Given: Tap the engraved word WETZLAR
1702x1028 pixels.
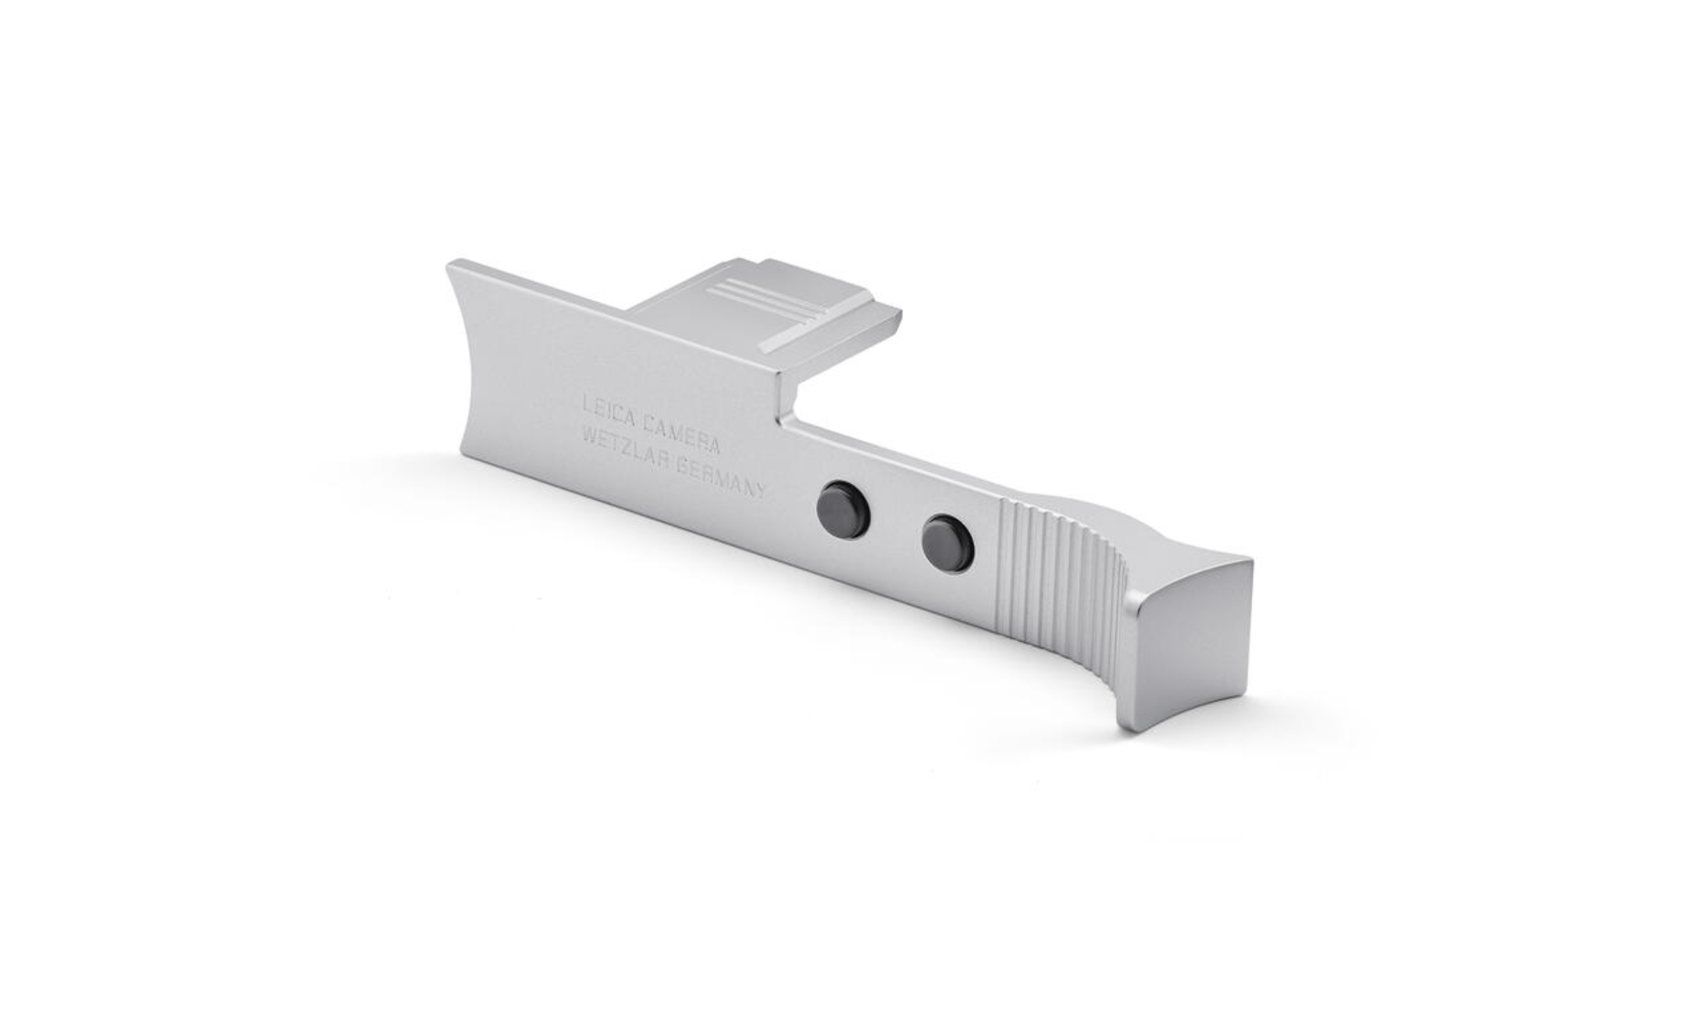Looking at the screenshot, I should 626,447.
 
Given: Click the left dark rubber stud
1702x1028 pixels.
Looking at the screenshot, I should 843,509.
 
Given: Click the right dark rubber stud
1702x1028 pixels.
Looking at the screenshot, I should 948,540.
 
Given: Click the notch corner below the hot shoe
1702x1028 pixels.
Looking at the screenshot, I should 782,418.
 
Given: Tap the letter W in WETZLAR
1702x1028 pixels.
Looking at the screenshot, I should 591,435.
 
